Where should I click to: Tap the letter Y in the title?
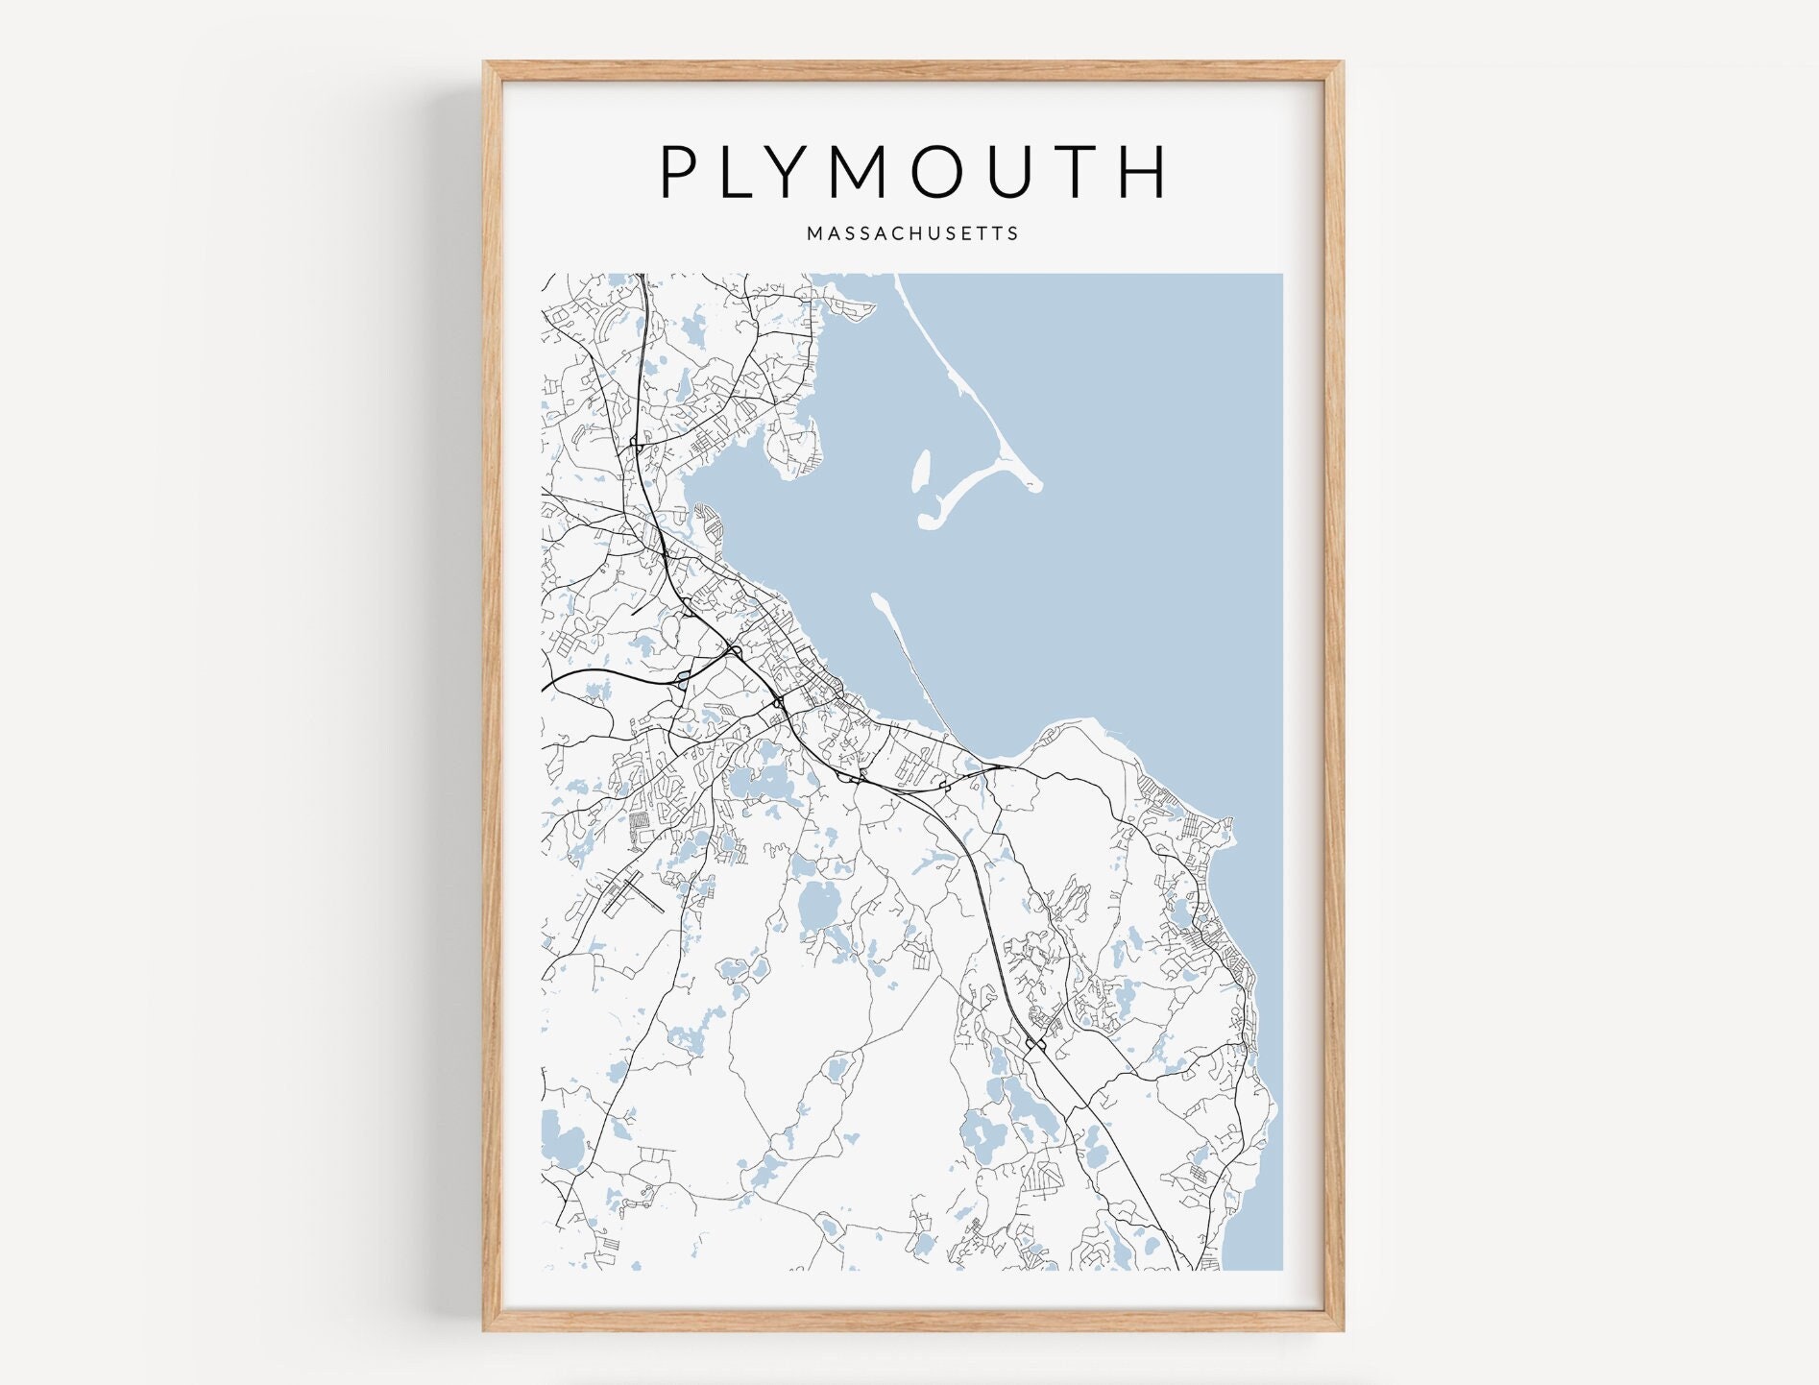[x=807, y=173]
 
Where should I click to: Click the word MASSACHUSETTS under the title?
[x=912, y=233]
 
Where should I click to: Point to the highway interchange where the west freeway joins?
[x=734, y=653]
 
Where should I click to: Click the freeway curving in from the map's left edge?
[x=595, y=672]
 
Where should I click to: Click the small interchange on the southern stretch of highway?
[x=1035, y=1044]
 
